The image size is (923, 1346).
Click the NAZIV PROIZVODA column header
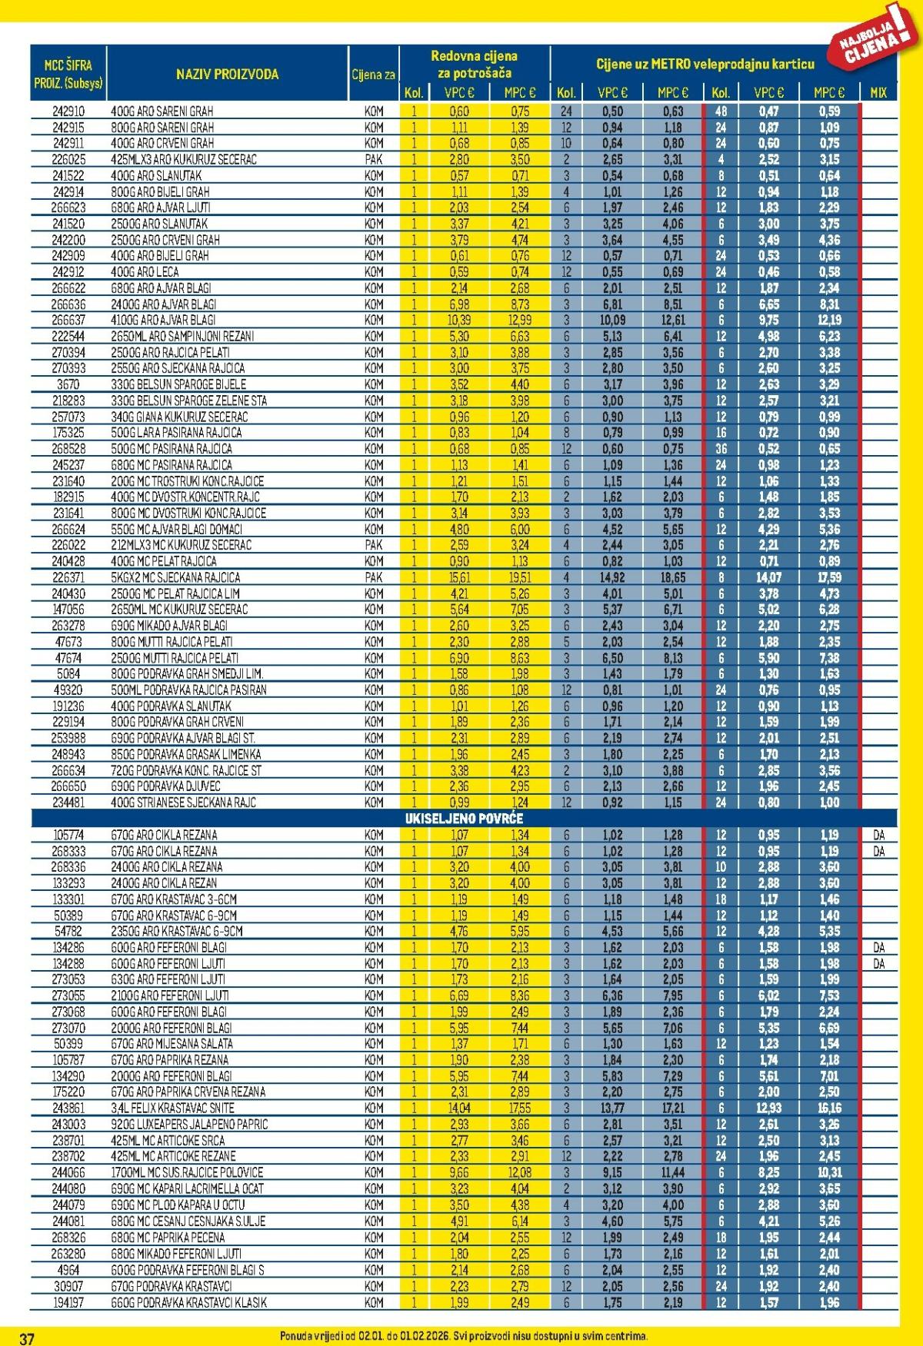227,75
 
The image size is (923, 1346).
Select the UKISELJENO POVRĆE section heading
464,818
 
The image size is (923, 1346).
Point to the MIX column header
878,92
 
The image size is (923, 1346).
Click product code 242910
68,111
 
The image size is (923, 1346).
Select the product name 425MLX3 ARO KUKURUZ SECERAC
184,159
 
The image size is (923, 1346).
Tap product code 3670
68,384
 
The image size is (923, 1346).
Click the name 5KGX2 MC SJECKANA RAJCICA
175,577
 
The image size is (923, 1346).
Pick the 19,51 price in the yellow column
520,577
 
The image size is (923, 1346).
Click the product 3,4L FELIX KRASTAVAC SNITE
172,1108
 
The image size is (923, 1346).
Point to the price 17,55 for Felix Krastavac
520,1108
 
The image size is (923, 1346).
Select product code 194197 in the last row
68,1302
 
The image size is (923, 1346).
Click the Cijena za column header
373,75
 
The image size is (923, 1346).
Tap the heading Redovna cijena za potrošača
474,65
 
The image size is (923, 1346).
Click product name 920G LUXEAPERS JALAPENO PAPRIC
189,1124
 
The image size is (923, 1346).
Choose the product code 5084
68,673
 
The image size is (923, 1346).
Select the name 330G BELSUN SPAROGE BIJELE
178,384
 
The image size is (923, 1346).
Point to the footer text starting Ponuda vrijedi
464,1336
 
